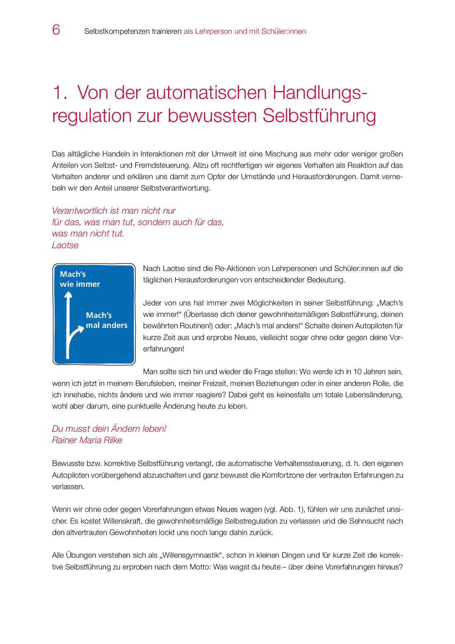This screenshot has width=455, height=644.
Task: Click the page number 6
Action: (56, 30)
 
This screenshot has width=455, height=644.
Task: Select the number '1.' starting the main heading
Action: (59, 93)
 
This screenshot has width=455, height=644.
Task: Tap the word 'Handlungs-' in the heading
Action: (320, 93)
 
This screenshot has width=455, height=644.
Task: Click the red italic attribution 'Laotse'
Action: (65, 245)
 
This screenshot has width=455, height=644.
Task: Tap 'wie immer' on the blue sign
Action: (80, 284)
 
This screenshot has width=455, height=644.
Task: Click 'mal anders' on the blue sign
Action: (107, 325)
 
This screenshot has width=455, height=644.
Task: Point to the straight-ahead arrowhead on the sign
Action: (68, 294)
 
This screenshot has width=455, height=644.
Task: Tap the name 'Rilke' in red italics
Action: (113, 440)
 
